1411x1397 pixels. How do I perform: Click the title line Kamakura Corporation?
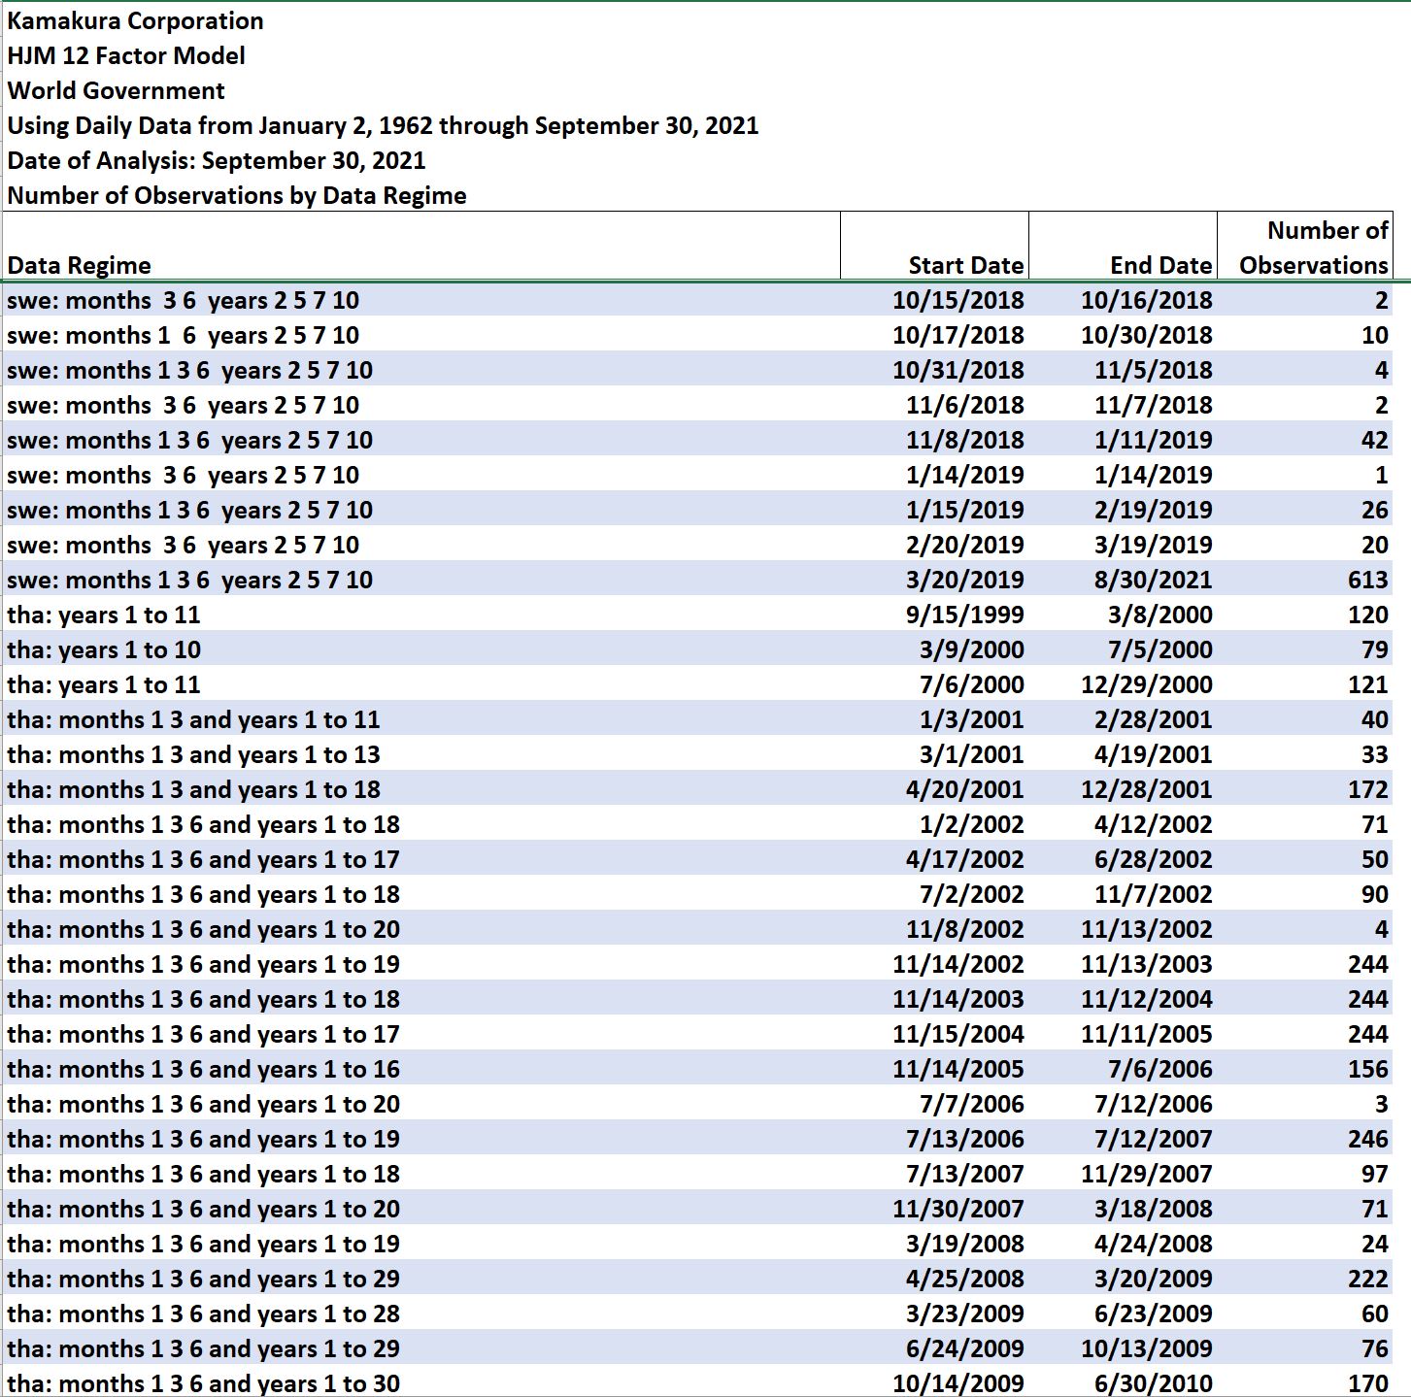[135, 21]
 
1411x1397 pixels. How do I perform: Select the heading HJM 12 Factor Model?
[126, 55]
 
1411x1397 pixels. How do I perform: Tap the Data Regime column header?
[79, 265]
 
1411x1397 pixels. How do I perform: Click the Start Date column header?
[966, 265]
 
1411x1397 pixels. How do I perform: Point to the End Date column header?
[1160, 265]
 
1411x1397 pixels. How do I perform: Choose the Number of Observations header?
[1314, 248]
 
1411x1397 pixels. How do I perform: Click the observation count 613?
[1368, 580]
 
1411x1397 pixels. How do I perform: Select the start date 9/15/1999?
[964, 615]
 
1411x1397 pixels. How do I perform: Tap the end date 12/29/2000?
[1147, 684]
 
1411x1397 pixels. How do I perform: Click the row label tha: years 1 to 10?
[104, 649]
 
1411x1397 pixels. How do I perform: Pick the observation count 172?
[1368, 789]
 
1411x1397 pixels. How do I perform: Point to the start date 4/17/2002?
[964, 859]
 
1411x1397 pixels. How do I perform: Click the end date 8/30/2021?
[1154, 580]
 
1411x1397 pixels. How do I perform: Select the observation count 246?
[1368, 1140]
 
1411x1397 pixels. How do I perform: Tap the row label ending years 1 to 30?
[204, 1383]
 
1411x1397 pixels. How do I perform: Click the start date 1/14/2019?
[964, 475]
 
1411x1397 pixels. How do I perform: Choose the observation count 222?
[1368, 1280]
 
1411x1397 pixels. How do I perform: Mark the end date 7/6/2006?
[1159, 1069]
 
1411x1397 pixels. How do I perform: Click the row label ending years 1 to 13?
[194, 755]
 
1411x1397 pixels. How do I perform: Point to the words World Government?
[116, 91]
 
